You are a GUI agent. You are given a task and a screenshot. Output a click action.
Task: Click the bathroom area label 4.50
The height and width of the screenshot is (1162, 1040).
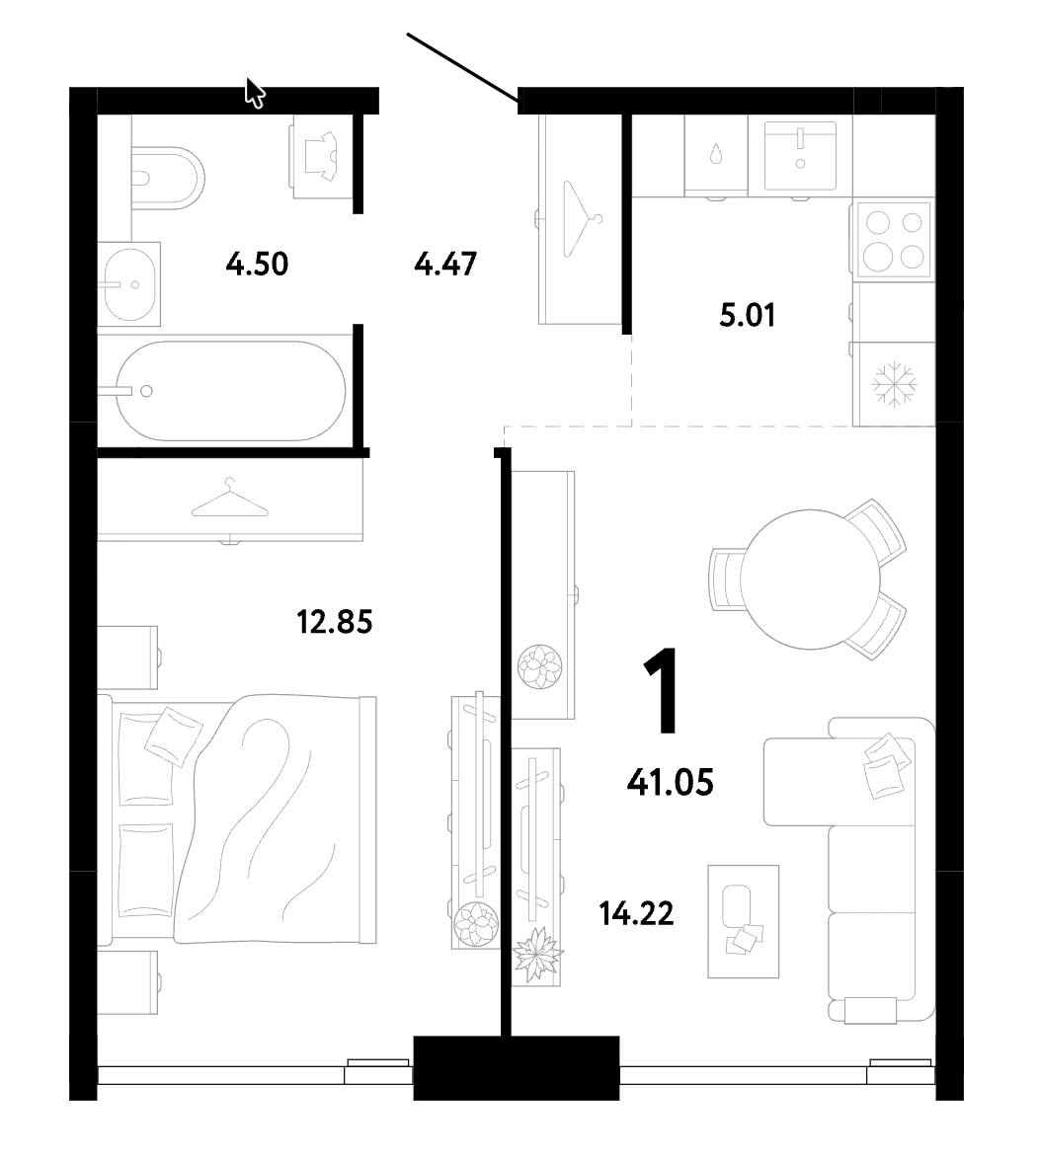coord(257,264)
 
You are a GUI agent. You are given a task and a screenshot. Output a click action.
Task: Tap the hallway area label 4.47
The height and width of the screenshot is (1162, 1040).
coord(444,264)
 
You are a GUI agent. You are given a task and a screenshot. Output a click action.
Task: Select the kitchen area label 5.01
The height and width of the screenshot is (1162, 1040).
coord(748,315)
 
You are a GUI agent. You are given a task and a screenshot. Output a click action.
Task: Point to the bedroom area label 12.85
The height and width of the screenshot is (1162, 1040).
coord(334,622)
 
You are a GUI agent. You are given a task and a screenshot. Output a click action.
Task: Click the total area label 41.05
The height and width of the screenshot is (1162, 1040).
coord(670,782)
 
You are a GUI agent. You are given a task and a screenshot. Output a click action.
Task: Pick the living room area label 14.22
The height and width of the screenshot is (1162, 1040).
coord(637,914)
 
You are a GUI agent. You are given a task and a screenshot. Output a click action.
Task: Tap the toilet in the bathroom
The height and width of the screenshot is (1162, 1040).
coord(168,179)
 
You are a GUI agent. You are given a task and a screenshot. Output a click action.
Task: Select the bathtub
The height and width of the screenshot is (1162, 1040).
coord(231,391)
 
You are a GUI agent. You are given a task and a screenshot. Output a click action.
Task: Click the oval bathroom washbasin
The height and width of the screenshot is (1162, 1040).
coord(129,283)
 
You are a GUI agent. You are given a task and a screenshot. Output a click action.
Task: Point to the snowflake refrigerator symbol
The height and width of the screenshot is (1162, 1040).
coord(894,385)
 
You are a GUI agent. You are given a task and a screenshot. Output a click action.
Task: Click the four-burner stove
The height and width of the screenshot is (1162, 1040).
coord(893,239)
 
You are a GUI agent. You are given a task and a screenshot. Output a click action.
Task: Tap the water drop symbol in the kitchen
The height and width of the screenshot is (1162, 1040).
coord(715,154)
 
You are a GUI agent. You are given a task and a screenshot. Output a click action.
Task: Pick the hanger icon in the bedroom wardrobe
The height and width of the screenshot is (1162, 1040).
coord(230,498)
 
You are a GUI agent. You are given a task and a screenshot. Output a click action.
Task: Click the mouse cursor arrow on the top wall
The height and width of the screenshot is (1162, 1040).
coord(255,94)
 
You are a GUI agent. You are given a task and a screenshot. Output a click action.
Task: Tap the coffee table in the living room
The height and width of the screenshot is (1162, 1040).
coord(744,921)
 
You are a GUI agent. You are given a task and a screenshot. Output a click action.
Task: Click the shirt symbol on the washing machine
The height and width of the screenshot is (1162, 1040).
coord(322,156)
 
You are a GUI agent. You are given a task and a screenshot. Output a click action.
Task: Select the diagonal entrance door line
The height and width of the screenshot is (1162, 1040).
coord(462,66)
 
